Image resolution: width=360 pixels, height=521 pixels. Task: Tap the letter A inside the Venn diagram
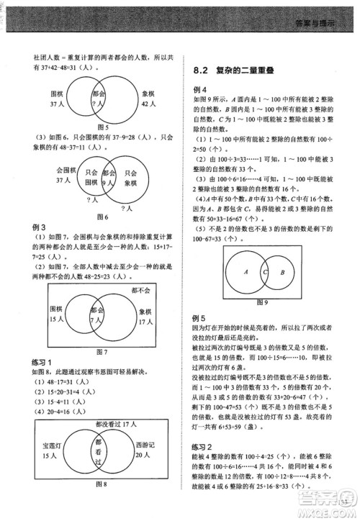(246, 273)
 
